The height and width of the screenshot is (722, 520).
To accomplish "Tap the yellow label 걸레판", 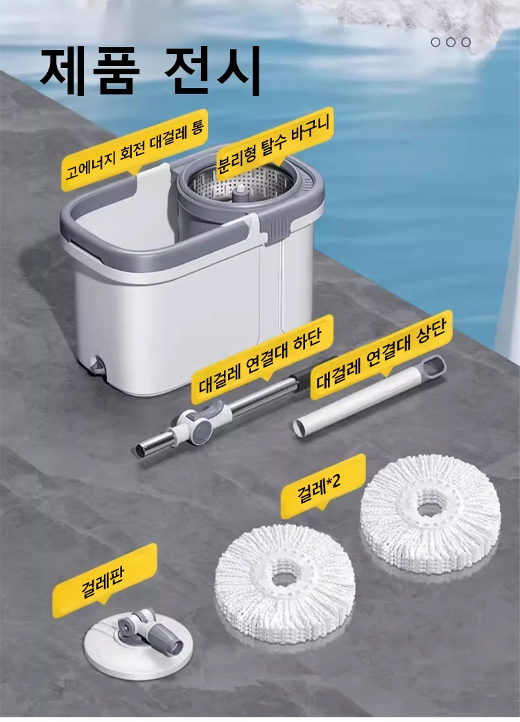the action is (x=105, y=575).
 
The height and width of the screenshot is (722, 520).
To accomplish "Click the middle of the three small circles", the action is (x=451, y=42).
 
